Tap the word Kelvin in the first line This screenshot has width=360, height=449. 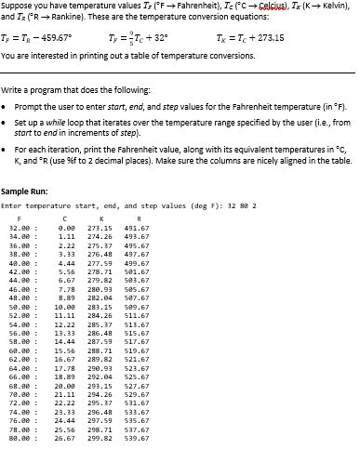[x=334, y=7]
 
